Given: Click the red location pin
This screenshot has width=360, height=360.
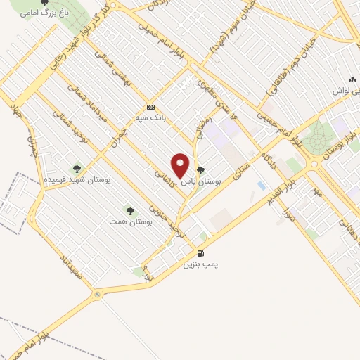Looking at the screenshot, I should click(x=181, y=165).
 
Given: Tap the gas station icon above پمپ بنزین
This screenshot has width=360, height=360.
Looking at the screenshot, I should click(x=202, y=254).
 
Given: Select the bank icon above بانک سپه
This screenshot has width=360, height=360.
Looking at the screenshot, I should click(x=150, y=107).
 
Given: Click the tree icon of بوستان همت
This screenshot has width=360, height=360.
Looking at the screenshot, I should click(x=129, y=210).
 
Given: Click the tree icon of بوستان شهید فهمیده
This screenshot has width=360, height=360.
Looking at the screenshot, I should click(x=77, y=168).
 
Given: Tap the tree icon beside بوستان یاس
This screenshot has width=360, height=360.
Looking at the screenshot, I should click(x=200, y=170).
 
